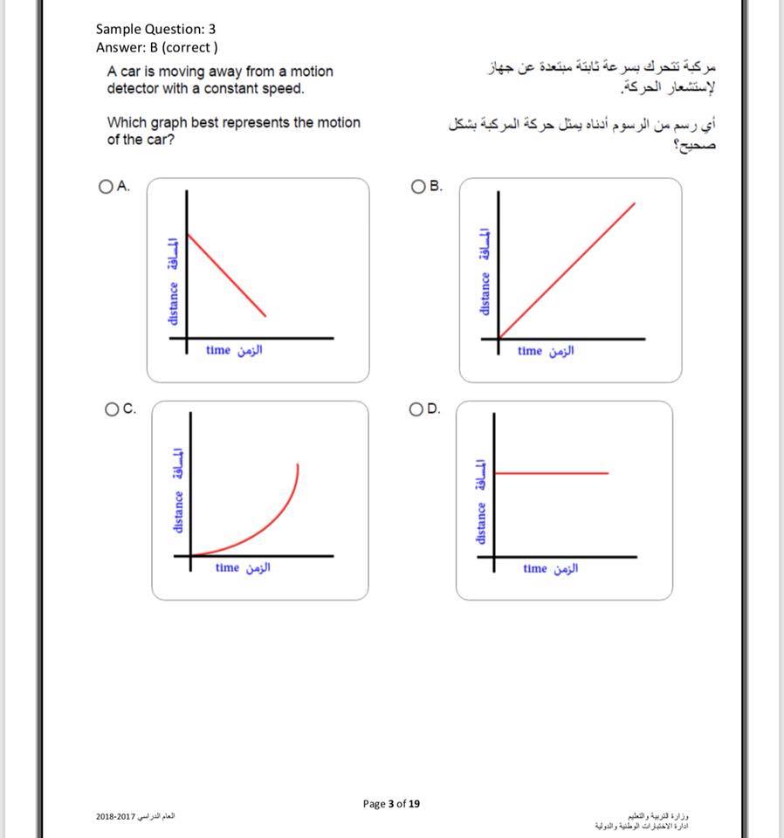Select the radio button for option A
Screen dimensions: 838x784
coord(107,186)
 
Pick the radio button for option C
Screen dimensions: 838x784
coord(111,409)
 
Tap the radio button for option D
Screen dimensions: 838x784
coord(417,409)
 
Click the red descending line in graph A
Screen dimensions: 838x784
coord(227,273)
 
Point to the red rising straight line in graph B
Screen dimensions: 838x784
coord(567,270)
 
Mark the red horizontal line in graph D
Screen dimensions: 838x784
coord(550,473)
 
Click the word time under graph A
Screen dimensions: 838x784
coord(218,350)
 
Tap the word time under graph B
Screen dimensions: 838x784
coord(529,351)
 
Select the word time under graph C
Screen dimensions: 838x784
coord(227,567)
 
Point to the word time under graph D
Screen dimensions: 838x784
coord(535,568)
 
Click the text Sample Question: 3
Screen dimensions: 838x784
coord(155,30)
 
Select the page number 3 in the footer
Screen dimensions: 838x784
coord(391,803)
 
